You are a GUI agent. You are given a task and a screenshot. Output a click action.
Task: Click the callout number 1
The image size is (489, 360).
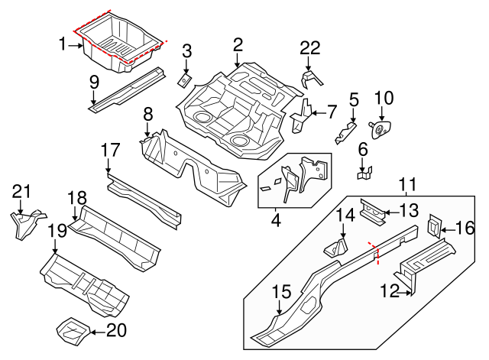point(63,45)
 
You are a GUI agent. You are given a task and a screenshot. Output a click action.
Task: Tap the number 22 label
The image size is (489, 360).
point(309,48)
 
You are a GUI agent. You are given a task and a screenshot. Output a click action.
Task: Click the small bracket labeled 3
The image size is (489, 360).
point(185,78)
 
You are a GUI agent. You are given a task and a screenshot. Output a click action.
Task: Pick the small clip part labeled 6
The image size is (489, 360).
point(364,173)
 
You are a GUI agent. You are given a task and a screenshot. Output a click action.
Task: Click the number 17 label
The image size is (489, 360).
point(111,151)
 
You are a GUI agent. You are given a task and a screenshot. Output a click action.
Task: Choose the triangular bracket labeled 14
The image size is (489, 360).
point(336,248)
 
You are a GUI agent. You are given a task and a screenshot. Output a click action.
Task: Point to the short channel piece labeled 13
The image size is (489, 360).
point(374,210)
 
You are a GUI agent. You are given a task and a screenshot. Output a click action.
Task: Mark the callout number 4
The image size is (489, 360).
point(276,222)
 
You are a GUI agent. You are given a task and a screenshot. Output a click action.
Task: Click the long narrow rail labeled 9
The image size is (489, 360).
point(126,88)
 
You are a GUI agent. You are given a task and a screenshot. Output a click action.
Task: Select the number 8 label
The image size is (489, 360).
point(148,115)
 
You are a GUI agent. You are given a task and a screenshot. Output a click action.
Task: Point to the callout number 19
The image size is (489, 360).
point(56,230)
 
